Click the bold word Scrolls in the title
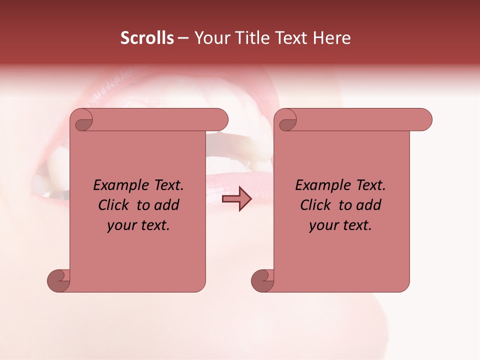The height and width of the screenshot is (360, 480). (147, 38)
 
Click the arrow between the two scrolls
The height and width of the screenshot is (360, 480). (237, 199)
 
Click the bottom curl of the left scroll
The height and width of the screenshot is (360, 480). (59, 280)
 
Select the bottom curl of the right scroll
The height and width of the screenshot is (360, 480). (263, 280)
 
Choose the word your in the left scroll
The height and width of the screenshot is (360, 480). (121, 225)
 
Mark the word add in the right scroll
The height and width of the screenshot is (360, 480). (370, 205)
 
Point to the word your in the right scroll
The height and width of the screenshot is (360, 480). (323, 225)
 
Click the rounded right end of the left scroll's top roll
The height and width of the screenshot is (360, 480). (220, 120)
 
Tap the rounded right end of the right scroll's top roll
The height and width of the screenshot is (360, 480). (424, 120)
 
